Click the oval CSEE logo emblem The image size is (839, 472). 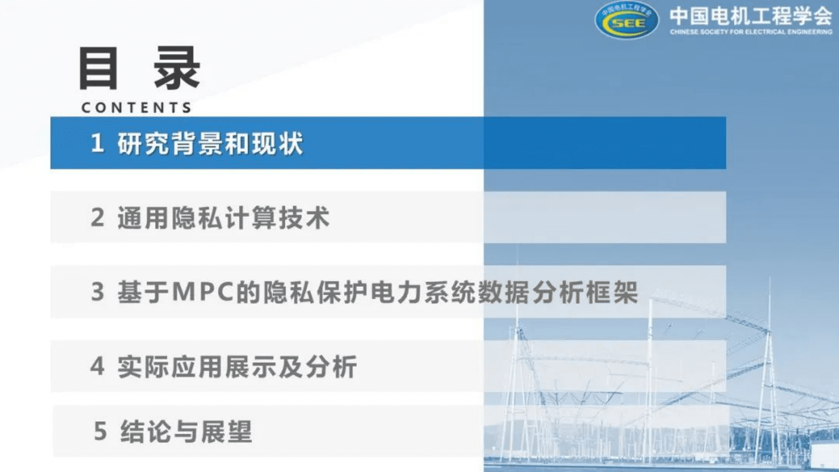tap(626, 21)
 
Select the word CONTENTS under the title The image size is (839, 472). tap(136, 108)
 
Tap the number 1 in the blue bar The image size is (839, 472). tap(97, 143)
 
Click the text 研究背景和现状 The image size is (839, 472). tap(210, 144)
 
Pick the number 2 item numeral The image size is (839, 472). tap(97, 218)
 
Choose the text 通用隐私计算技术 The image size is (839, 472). tap(224, 218)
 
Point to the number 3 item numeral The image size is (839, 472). tap(97, 292)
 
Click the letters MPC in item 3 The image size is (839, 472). tap(203, 292)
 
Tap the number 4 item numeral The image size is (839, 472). tap(97, 366)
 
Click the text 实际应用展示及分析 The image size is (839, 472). tap(237, 366)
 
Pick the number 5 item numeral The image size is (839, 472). tap(100, 431)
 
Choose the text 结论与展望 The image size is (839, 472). tap(187, 431)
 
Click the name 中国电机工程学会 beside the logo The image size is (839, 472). tap(751, 16)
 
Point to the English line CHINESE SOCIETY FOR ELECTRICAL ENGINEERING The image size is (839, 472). tap(751, 32)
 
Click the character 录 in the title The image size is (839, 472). tap(177, 69)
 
